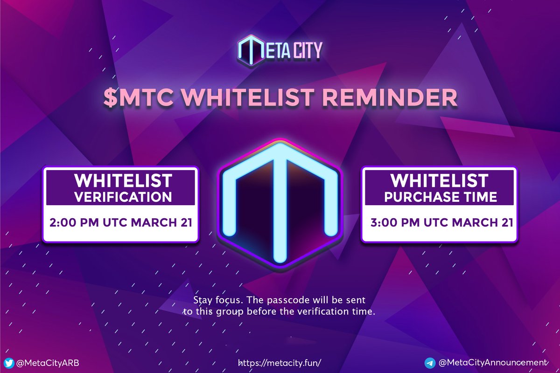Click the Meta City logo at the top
point(280,49)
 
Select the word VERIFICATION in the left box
point(123,197)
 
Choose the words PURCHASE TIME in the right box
point(440,197)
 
